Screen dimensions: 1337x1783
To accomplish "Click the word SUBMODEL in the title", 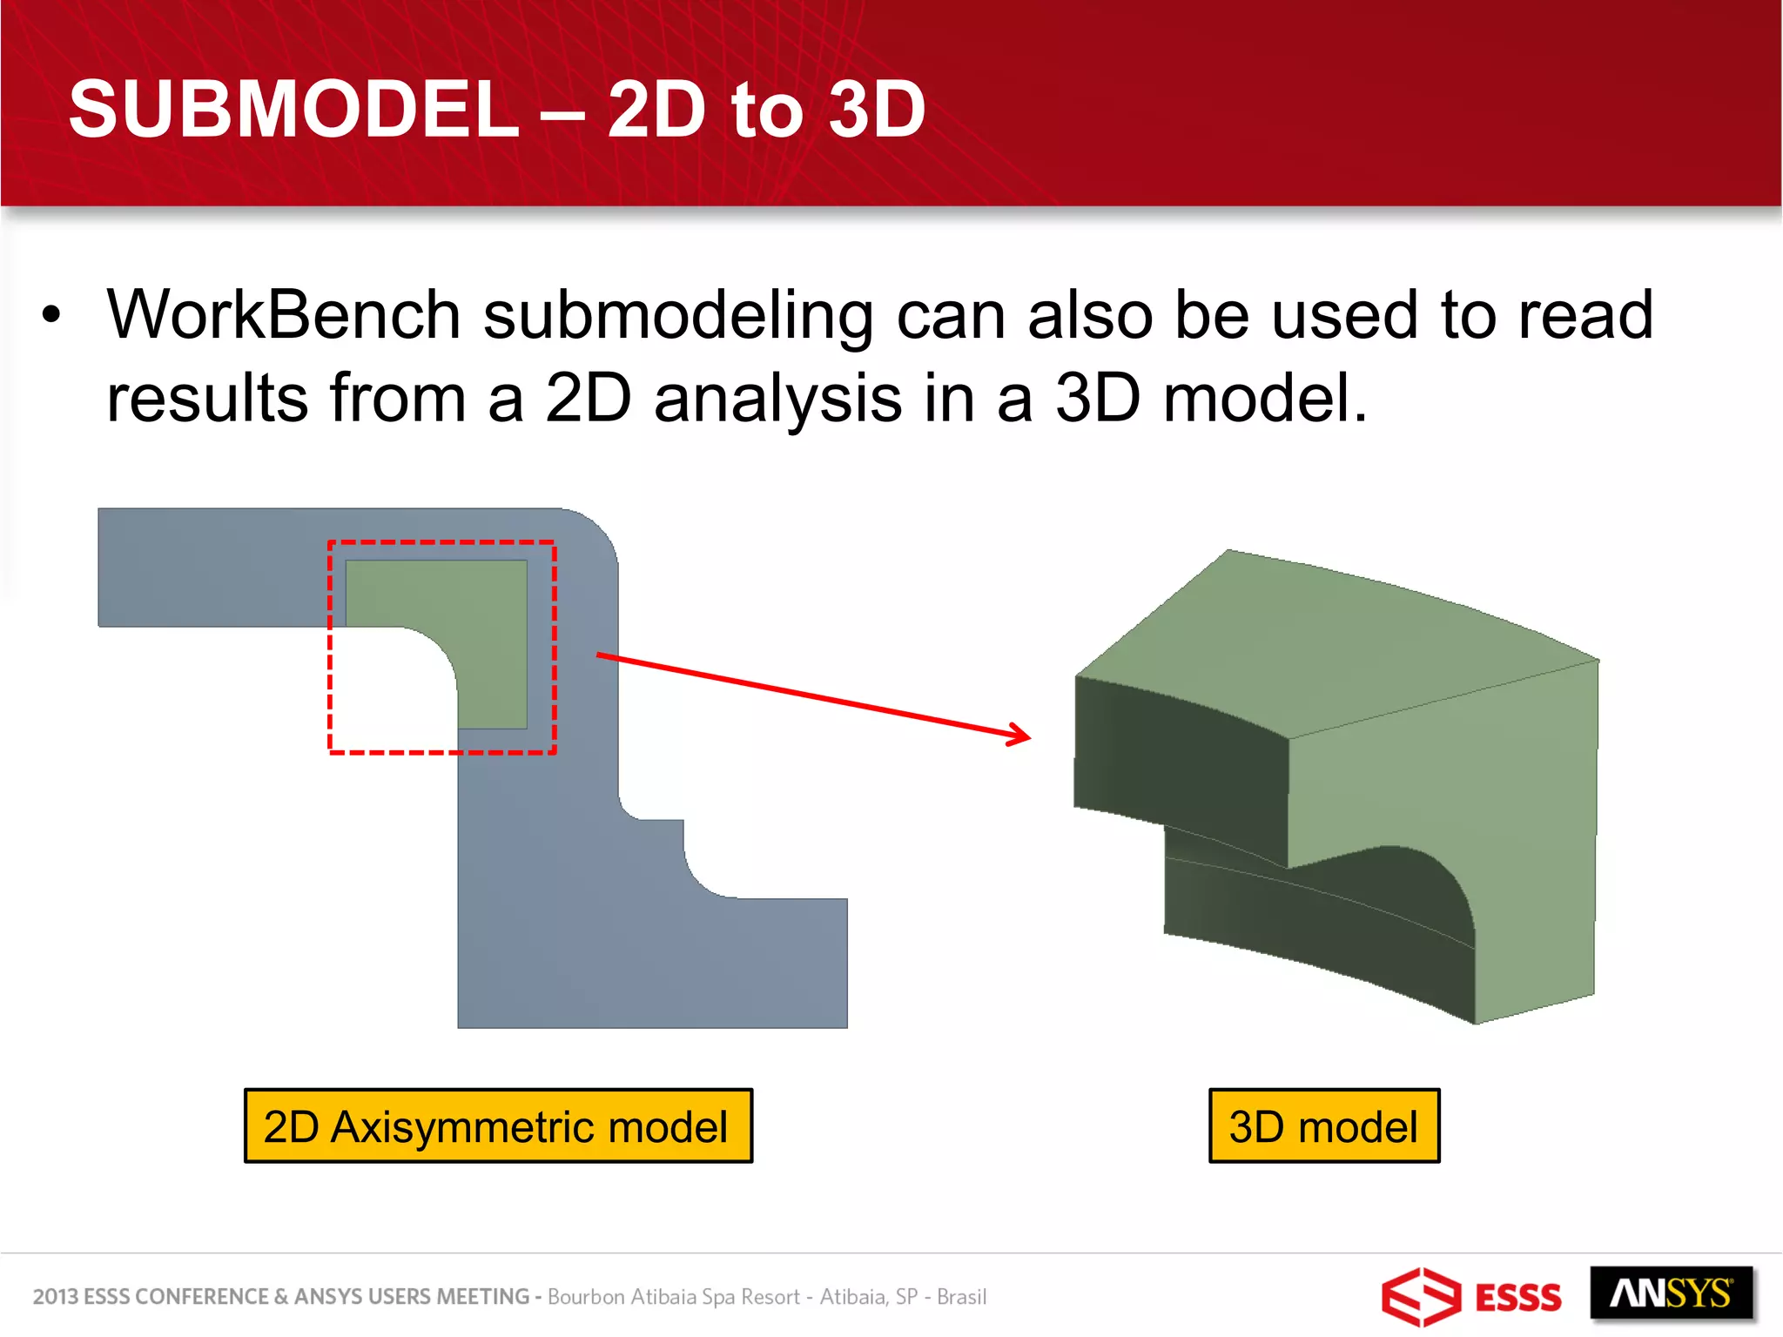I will (x=293, y=109).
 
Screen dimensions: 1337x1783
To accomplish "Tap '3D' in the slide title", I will (x=876, y=109).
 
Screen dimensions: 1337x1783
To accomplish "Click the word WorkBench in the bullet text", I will (x=283, y=315).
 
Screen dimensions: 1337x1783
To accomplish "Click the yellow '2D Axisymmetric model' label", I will (x=498, y=1126).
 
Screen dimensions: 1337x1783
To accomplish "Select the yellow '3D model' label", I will (x=1323, y=1126).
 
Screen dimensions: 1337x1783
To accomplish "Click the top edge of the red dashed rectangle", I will (x=442, y=542).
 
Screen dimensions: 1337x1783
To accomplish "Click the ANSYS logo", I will (x=1670, y=1294).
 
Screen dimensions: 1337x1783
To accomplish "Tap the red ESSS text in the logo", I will (x=1517, y=1298).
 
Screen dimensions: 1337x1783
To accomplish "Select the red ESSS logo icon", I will (x=1421, y=1296).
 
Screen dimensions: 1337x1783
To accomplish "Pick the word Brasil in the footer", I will (x=961, y=1296).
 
